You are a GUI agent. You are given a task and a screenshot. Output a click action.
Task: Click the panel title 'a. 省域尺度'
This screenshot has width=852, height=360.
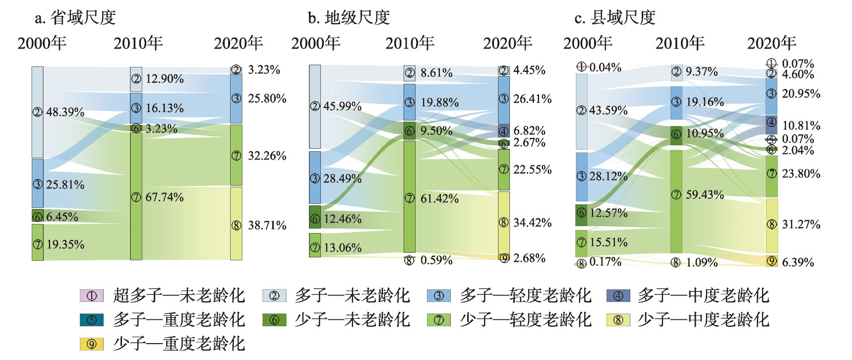click(x=75, y=17)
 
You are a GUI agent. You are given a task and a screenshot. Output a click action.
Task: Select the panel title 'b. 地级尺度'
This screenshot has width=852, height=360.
click(x=349, y=17)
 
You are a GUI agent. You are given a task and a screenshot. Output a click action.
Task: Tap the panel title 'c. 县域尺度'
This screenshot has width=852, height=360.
click(x=615, y=17)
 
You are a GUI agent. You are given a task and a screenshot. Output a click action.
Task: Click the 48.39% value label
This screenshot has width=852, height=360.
click(x=65, y=112)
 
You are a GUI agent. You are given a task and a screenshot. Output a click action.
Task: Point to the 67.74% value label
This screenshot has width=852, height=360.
click(x=164, y=197)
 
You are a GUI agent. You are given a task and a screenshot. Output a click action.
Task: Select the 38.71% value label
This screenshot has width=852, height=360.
click(x=267, y=226)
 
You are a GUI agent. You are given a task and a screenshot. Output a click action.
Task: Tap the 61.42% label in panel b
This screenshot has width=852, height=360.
click(x=439, y=199)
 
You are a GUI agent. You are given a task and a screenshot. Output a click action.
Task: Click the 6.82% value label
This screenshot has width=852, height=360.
click(x=529, y=131)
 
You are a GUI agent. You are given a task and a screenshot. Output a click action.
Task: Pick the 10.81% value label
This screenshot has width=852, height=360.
click(x=801, y=125)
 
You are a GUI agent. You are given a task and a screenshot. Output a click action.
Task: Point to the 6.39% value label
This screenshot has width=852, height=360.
click(x=798, y=262)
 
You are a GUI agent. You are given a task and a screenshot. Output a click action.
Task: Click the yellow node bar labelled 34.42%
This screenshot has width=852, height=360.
click(x=504, y=223)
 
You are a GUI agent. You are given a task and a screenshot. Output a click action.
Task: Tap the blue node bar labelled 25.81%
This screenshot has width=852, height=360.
click(x=38, y=183)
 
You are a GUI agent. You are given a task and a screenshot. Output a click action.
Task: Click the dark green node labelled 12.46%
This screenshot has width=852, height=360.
click(x=314, y=217)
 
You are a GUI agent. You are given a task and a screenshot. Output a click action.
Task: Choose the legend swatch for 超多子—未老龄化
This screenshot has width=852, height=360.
click(x=92, y=296)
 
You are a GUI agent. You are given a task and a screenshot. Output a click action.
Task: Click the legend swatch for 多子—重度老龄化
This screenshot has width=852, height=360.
click(x=92, y=320)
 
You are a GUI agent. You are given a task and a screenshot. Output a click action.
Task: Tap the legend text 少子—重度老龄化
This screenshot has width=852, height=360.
click(x=179, y=344)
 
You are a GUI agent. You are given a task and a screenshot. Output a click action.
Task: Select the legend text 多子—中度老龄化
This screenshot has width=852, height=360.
click(x=703, y=296)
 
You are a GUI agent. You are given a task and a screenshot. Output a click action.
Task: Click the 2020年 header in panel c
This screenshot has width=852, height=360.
click(x=772, y=43)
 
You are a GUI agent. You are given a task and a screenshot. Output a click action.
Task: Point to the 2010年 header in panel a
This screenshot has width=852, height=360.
click(x=138, y=43)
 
